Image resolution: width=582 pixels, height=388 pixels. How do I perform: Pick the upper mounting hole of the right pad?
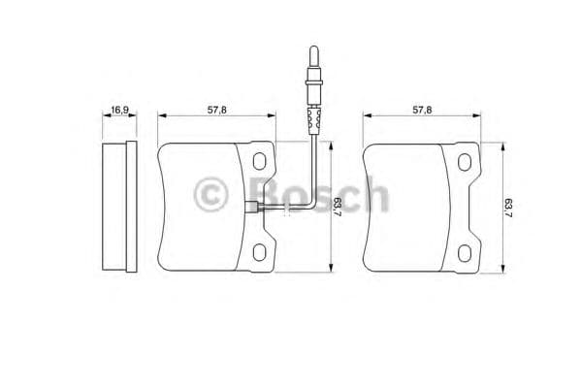467,162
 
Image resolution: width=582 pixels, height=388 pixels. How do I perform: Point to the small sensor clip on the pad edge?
253,206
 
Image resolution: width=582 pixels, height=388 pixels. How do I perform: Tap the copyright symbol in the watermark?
210,195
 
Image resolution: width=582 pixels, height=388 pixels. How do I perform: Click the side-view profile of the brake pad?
117,206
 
